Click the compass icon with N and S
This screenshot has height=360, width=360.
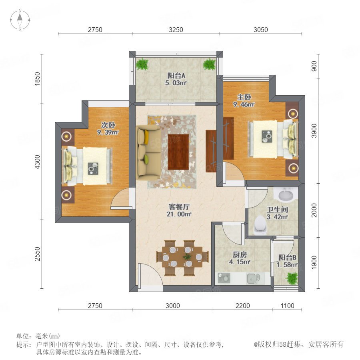[20, 20]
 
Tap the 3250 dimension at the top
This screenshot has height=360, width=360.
[176, 30]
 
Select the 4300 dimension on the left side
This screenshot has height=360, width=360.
[37, 162]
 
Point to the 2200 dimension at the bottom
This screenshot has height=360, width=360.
[243, 306]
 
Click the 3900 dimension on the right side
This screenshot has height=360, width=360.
[314, 130]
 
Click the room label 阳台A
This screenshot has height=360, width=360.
[176, 76]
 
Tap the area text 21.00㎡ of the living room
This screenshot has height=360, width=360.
[179, 214]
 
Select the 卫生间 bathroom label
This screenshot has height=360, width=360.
[277, 209]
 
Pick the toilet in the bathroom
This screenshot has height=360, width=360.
[260, 225]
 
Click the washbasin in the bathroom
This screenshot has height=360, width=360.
[286, 195]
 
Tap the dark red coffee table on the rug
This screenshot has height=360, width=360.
[178, 152]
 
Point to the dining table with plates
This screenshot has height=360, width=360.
[182, 257]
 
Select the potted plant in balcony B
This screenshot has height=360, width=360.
[292, 278]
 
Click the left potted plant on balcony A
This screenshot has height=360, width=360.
[142, 64]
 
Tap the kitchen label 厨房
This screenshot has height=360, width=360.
[240, 254]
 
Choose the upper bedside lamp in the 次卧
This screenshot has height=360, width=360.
[66, 136]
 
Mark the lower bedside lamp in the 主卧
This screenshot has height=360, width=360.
[293, 168]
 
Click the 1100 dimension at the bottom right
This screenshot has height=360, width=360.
[287, 306]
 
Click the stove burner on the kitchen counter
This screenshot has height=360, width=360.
[223, 278]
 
